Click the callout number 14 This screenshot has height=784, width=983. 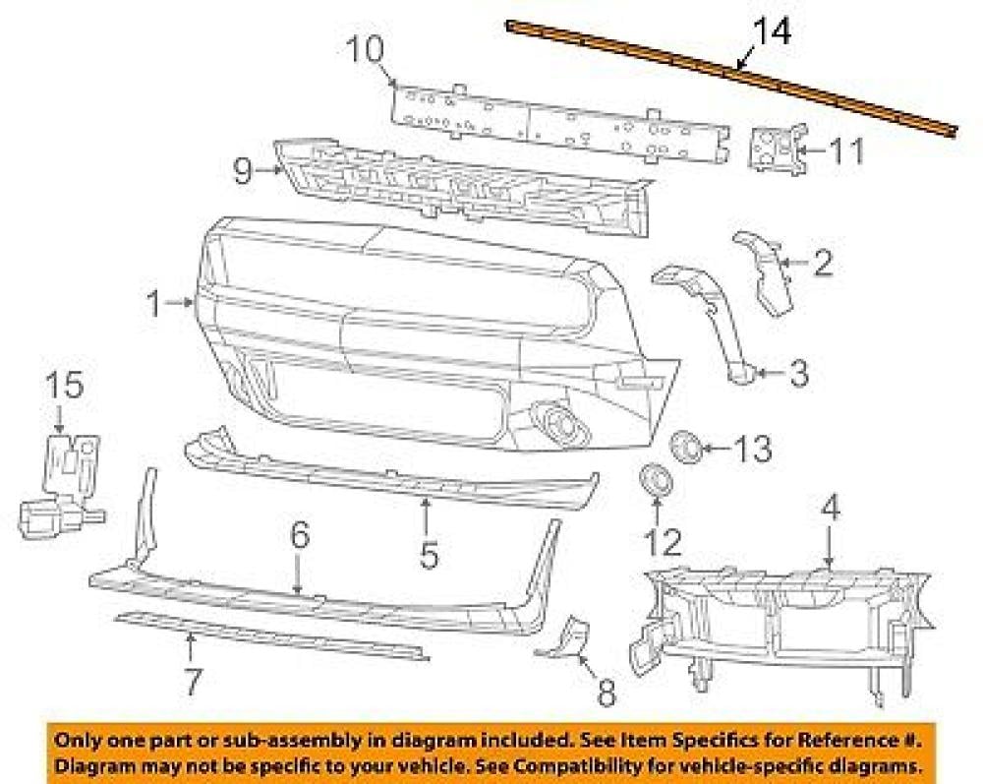(771, 32)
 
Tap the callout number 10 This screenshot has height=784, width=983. (365, 49)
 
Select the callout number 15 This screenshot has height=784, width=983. (65, 385)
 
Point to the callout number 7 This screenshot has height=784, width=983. (193, 682)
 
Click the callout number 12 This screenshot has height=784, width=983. (663, 543)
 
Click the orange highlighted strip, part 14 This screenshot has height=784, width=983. (731, 79)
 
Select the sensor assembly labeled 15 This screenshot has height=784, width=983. (60, 486)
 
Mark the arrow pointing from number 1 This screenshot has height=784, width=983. (181, 303)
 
